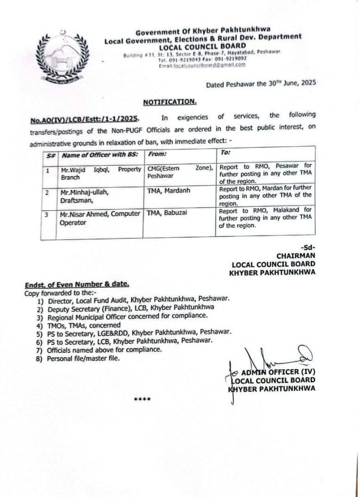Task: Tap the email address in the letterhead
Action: [202, 65]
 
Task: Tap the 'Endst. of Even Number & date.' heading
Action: [77, 284]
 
